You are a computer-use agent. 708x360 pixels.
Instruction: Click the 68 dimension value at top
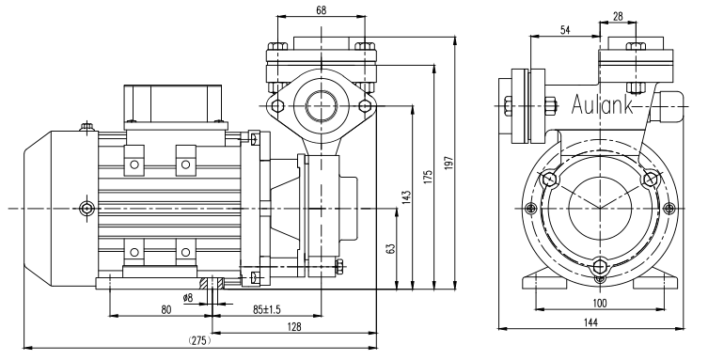tap(321, 9)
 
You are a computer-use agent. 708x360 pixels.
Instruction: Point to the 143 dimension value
tap(406, 196)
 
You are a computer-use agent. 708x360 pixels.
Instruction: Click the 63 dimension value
tap(391, 248)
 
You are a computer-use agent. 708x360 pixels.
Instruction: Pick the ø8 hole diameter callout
tap(188, 297)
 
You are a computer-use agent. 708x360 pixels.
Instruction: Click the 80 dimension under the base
tap(166, 309)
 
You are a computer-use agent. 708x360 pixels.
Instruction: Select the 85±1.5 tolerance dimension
tap(266, 309)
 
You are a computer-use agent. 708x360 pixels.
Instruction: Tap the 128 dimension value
tap(294, 326)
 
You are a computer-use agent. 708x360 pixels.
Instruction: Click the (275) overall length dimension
tap(199, 340)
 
